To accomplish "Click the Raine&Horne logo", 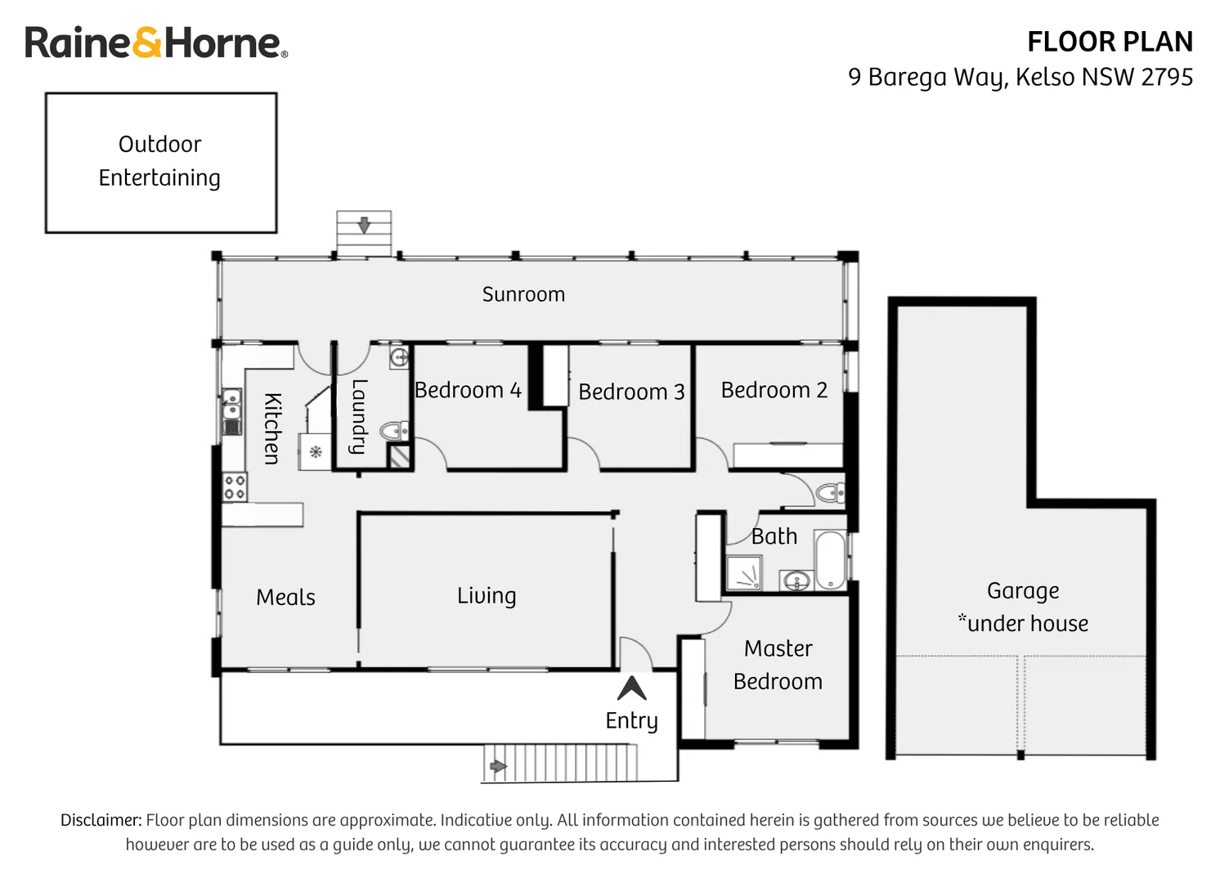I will pos(155,43).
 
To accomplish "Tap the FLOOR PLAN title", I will pos(1109,42).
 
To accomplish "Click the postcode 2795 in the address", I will pos(1166,77).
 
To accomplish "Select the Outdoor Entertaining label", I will pos(159,161).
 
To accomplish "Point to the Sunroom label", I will pos(523,294).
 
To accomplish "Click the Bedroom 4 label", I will pos(468,390).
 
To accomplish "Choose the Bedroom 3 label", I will pos(631,392).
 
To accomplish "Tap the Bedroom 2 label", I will pos(774,390).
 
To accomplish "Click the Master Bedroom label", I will pos(778,665).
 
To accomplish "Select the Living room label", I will pos(487,595).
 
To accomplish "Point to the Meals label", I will pos(285,597).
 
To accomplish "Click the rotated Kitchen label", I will pos(272,428).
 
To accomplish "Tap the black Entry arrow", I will pos(631,688).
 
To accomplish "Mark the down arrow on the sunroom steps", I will pos(364,224).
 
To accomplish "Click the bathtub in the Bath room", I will pos(830,560).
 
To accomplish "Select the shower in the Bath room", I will pos(743,573).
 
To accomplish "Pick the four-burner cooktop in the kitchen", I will pos(235,487).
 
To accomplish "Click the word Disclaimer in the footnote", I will pos(101,820).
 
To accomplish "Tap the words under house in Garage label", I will pos(1028,624).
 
